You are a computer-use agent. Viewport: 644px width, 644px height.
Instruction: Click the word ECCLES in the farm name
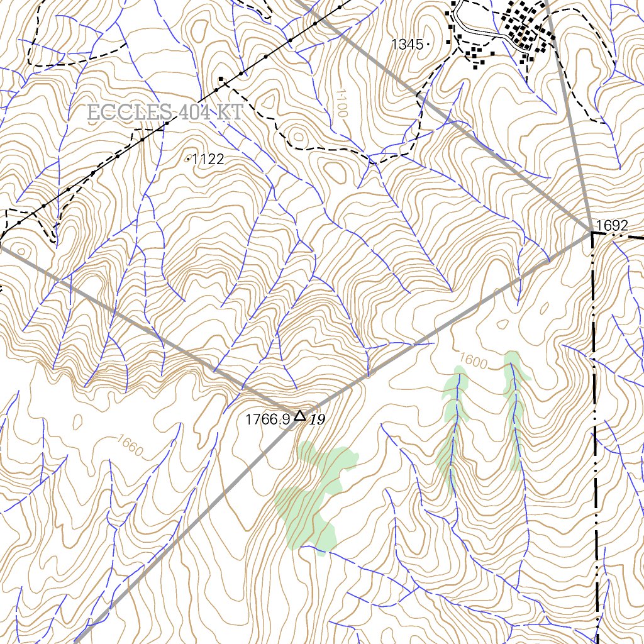tap(128, 113)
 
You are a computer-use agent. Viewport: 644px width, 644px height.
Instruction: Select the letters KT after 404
tap(230, 113)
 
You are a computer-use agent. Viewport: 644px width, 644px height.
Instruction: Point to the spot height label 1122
tap(208, 160)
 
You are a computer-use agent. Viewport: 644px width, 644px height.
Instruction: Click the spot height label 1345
tap(408, 44)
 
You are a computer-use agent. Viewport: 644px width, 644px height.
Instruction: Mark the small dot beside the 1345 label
tap(428, 44)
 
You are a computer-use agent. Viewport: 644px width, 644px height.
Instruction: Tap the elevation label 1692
tap(611, 226)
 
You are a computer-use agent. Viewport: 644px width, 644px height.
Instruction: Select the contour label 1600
tap(474, 361)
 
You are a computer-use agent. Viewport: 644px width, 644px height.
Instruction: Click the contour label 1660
tap(129, 445)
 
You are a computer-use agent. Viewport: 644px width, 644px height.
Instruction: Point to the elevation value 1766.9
tap(267, 419)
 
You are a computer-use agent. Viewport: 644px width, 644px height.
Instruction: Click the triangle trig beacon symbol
tap(300, 416)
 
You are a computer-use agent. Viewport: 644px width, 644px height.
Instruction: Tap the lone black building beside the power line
tap(221, 79)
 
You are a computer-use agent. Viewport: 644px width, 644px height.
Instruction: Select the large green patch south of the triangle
tap(311, 497)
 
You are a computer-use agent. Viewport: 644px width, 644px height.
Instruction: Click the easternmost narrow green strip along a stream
tap(515, 409)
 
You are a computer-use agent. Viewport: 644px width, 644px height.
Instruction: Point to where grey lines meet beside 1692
tap(591, 232)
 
